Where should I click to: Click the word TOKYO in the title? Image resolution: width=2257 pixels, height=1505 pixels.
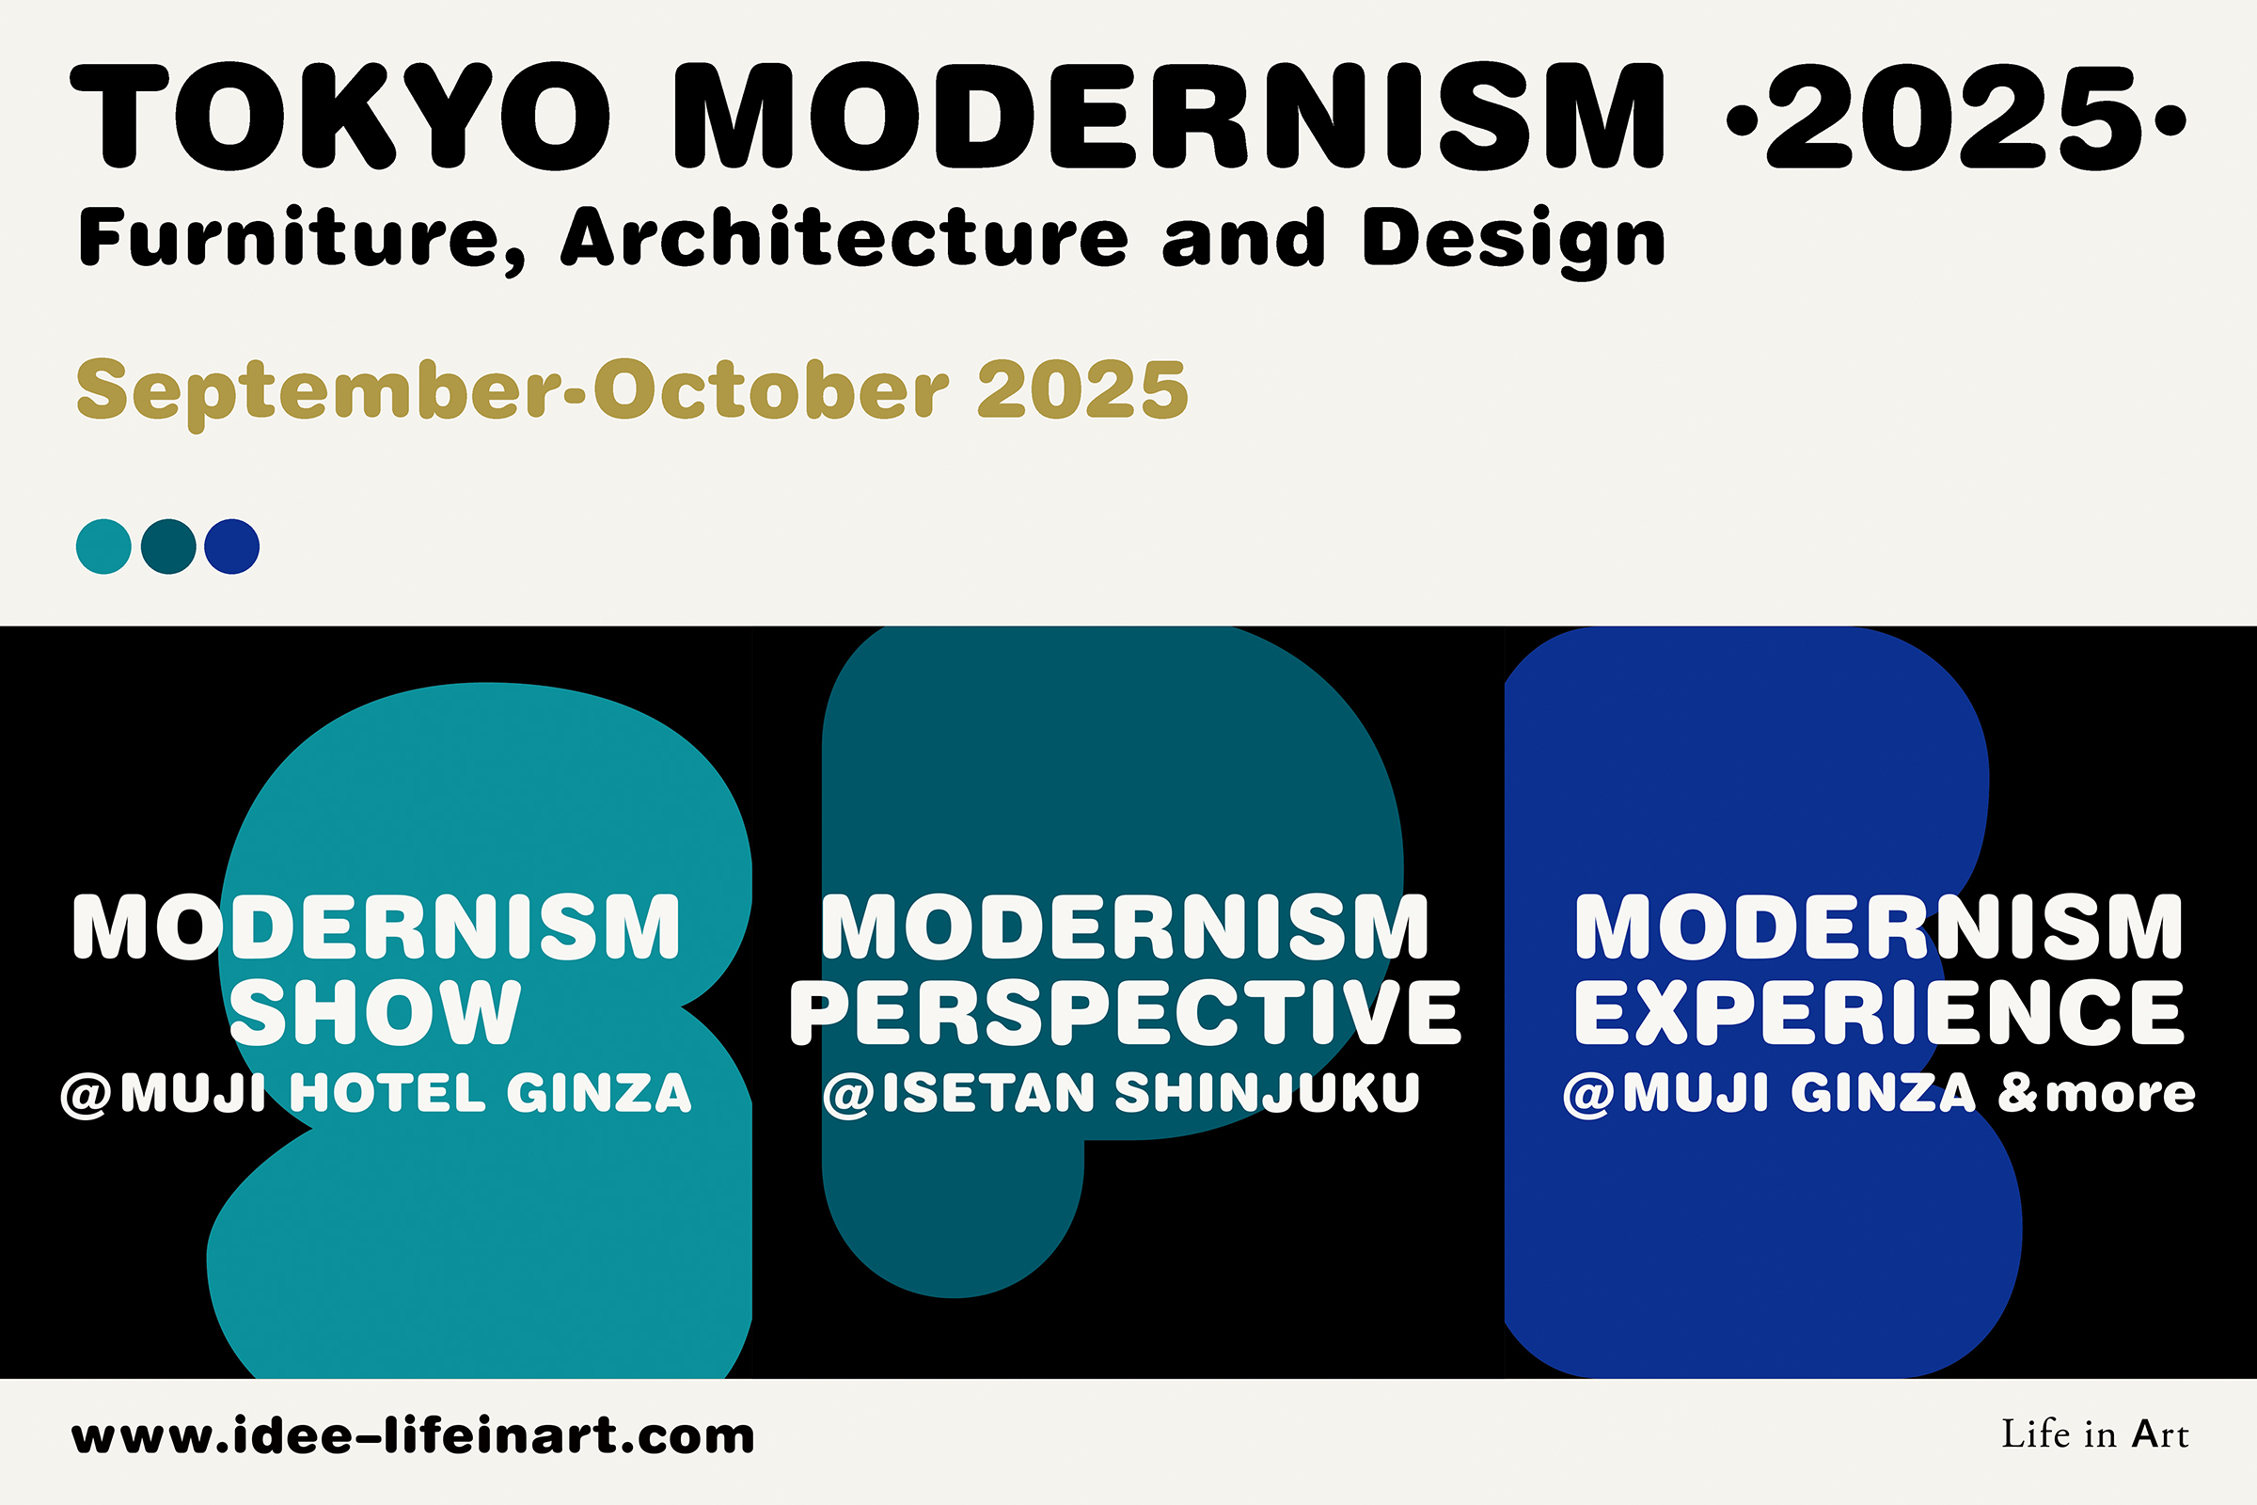coord(340,116)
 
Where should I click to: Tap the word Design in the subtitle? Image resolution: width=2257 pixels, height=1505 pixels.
coord(1513,242)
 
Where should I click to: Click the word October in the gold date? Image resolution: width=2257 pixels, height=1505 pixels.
coord(771,389)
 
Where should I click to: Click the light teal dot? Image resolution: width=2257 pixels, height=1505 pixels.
coord(103,547)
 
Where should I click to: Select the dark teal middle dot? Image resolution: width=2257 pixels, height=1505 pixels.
coord(168,547)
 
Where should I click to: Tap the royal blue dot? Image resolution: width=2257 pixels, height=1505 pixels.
coord(232,547)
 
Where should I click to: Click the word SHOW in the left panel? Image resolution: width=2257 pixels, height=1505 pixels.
coord(375,1013)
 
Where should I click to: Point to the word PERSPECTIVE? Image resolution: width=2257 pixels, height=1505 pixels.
coord(1125,1013)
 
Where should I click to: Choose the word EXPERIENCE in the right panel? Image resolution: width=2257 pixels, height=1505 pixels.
coord(1879,1013)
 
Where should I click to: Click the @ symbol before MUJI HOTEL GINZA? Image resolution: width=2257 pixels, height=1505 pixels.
coord(87,1095)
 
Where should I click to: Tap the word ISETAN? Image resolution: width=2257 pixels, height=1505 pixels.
coord(988,1092)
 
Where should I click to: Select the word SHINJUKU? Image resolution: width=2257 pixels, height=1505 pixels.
coord(1267,1092)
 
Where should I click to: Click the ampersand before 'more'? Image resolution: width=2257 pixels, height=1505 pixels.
coord(2018,1093)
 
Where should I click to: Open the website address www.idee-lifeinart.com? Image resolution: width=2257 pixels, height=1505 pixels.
coord(413,1436)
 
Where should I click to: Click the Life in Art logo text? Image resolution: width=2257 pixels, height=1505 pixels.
coord(2095,1434)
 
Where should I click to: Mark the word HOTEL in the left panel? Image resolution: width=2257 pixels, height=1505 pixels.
coord(387,1093)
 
